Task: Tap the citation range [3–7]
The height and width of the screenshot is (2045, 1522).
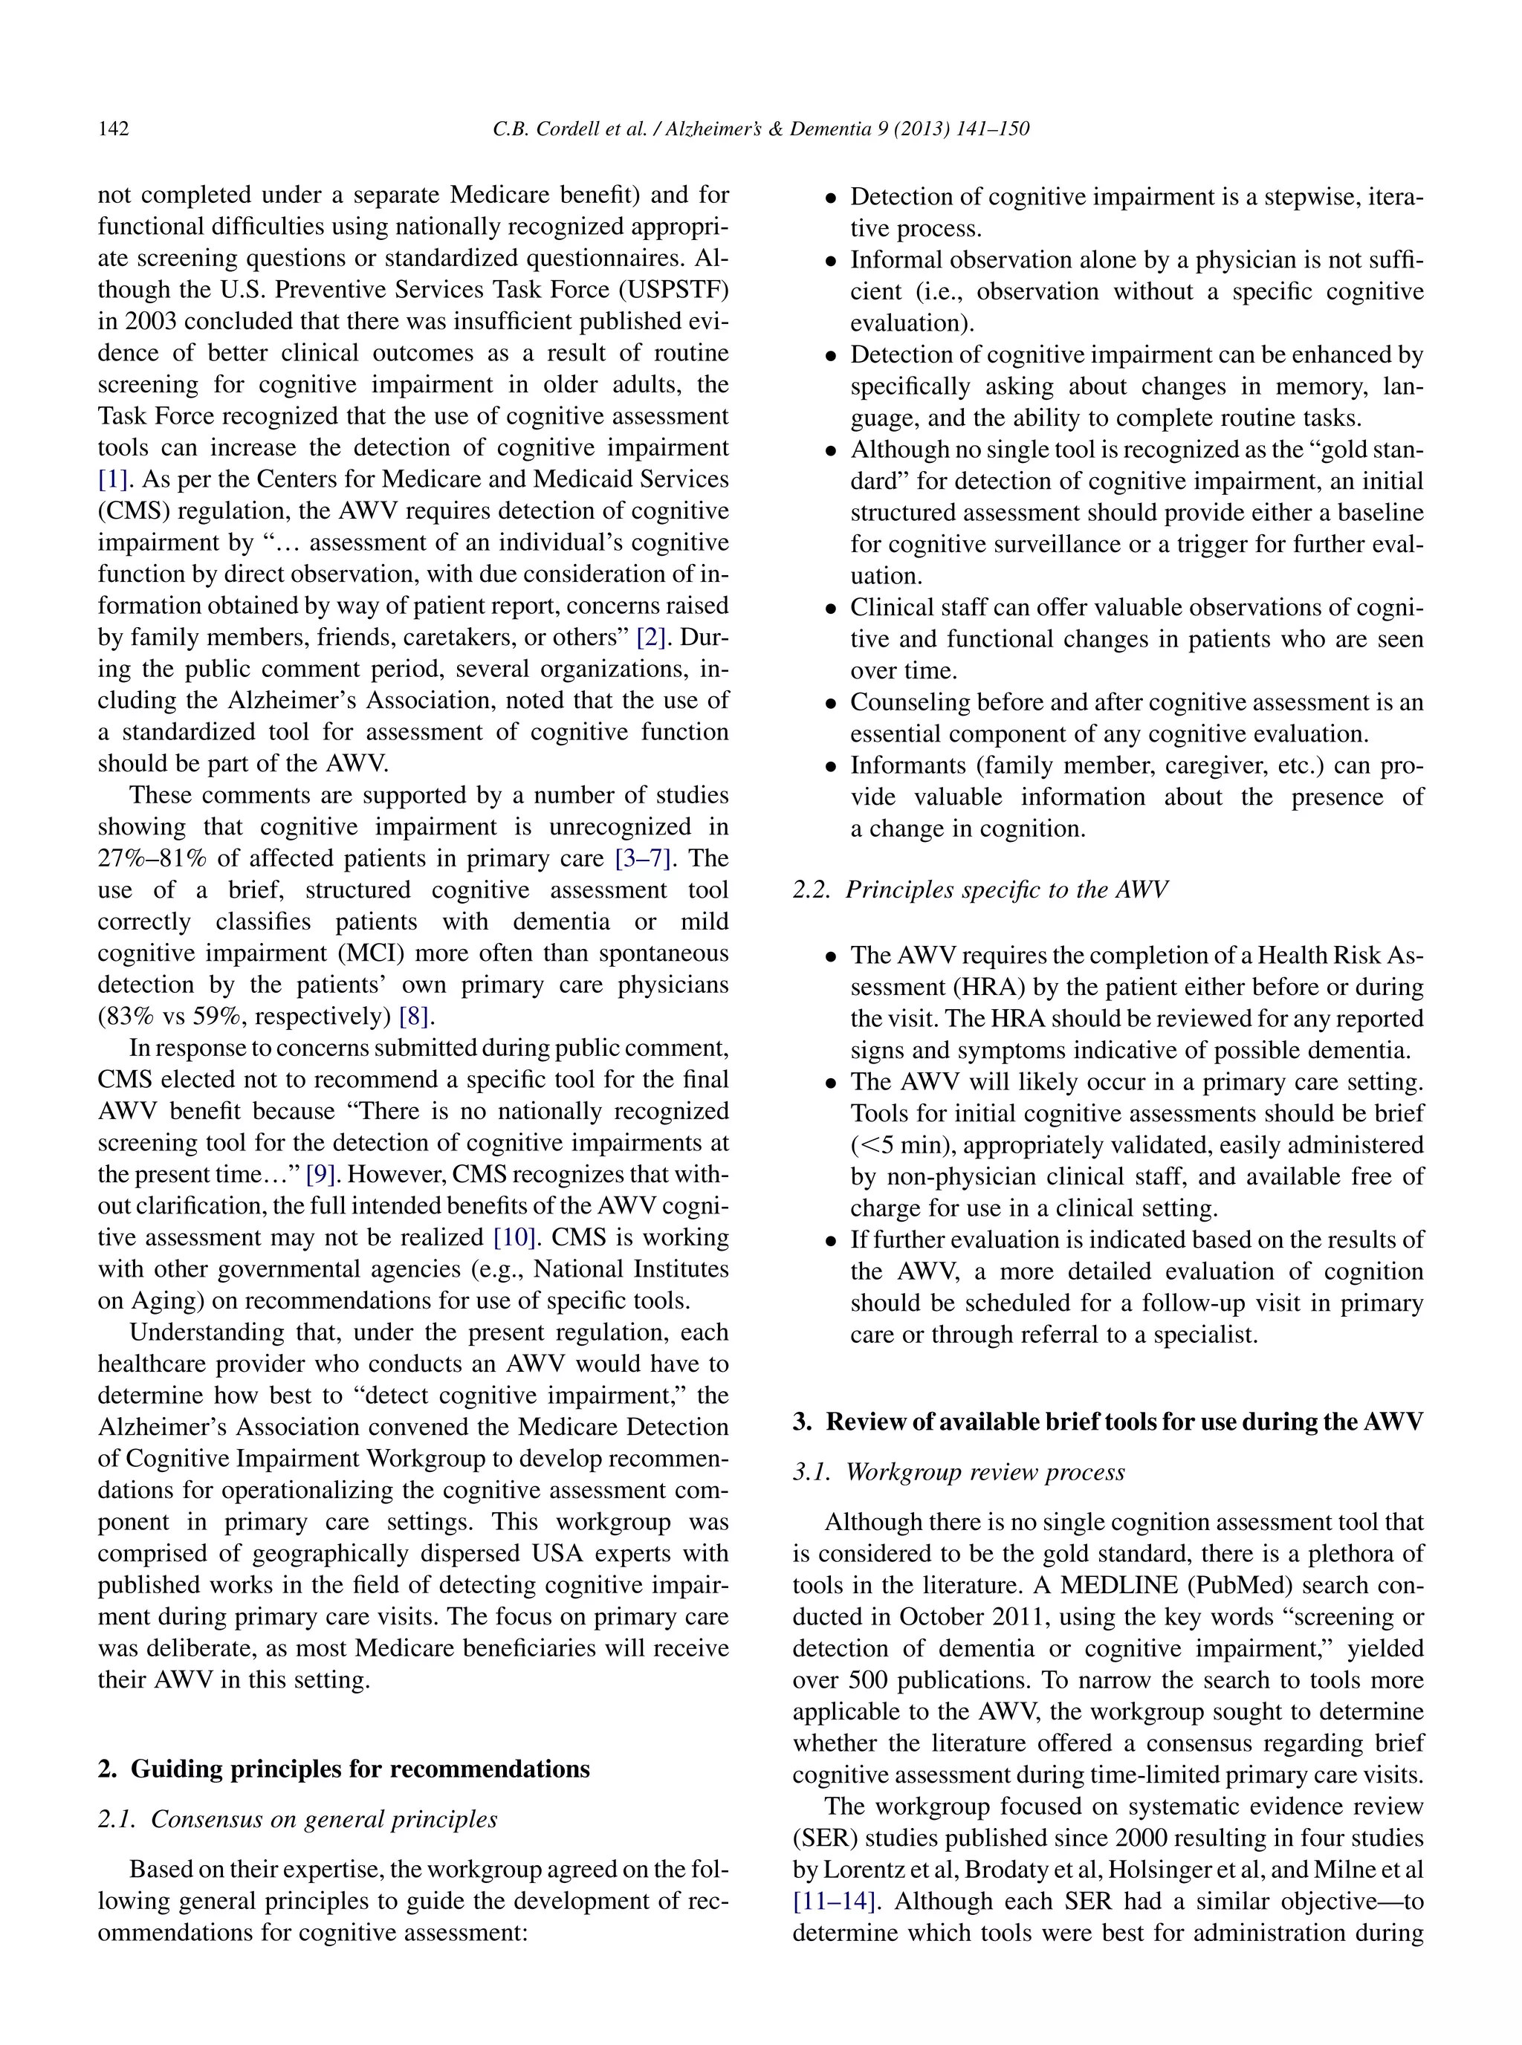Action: pos(644,858)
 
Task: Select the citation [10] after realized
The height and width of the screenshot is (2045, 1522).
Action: pos(516,1237)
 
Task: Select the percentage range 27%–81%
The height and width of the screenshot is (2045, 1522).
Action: pos(154,858)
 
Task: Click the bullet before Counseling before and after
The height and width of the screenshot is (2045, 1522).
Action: pos(831,704)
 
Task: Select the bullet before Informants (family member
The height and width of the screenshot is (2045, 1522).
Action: pos(831,766)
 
